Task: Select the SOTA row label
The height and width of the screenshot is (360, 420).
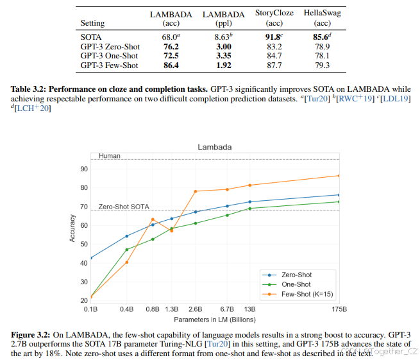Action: (x=91, y=38)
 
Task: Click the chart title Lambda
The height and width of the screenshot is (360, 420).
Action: (x=215, y=147)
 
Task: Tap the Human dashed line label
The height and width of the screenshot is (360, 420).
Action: (x=109, y=156)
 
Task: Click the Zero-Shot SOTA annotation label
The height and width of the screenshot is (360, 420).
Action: (x=123, y=207)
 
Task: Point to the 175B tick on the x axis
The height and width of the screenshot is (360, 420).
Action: (x=339, y=309)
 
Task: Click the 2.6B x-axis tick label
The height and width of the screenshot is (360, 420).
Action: (x=196, y=309)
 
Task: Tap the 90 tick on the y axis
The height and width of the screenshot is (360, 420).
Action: (x=83, y=169)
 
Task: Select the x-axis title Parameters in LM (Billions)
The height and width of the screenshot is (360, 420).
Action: (x=215, y=318)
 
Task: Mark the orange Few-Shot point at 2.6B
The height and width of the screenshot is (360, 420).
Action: (x=196, y=191)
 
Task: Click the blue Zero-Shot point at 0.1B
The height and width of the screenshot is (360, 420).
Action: (x=91, y=258)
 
